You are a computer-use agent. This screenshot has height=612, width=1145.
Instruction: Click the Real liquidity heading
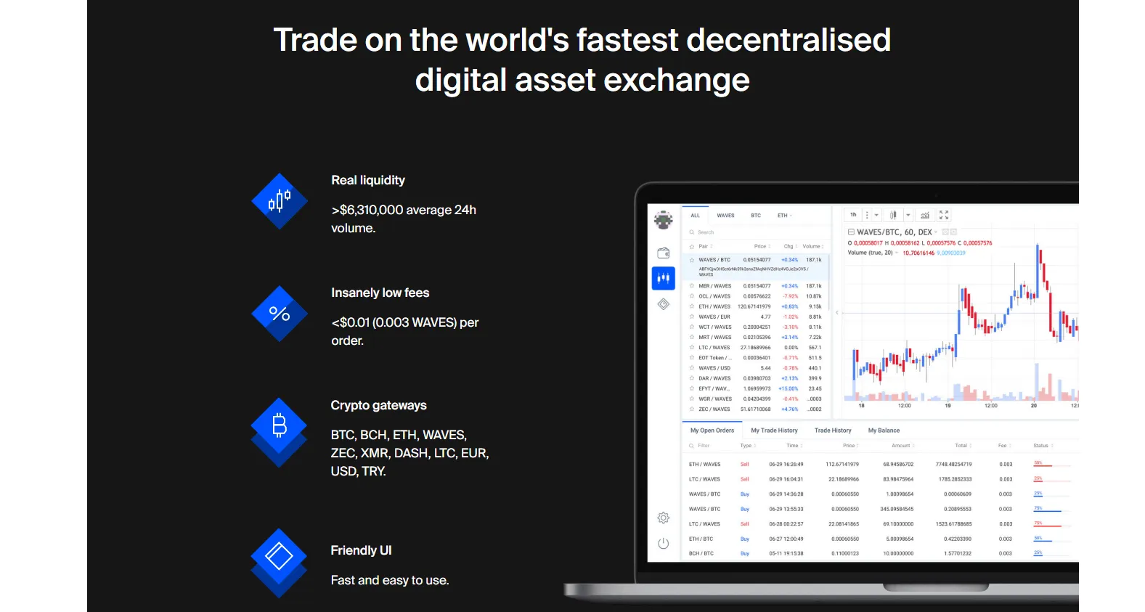point(367,180)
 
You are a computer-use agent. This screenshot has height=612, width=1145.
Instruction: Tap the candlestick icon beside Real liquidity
point(280,200)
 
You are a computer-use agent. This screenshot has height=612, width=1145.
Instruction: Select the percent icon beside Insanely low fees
point(280,314)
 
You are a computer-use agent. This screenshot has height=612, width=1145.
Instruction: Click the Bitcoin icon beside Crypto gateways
point(280,425)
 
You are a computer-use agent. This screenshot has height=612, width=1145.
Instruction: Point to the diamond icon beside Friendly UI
point(280,557)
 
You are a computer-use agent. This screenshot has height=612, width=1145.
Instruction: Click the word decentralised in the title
point(788,40)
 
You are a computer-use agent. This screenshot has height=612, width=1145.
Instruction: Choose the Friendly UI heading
point(361,550)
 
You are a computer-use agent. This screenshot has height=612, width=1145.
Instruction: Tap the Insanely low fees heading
point(380,293)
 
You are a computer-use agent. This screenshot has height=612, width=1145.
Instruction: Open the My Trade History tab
point(774,431)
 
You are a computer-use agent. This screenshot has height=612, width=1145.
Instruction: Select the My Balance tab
point(884,431)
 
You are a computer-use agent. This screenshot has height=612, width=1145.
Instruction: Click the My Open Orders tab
point(712,431)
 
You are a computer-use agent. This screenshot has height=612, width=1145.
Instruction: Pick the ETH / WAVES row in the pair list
point(714,306)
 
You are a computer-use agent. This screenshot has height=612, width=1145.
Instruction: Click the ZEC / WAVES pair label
point(714,409)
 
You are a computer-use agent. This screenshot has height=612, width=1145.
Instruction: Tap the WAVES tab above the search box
point(725,216)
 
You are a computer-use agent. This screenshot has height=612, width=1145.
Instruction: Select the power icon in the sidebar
point(663,543)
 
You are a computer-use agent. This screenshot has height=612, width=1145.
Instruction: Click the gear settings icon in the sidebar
point(663,518)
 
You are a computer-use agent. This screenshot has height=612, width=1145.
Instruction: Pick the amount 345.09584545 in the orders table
point(897,509)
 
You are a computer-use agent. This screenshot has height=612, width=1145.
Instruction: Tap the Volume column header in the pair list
point(812,246)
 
